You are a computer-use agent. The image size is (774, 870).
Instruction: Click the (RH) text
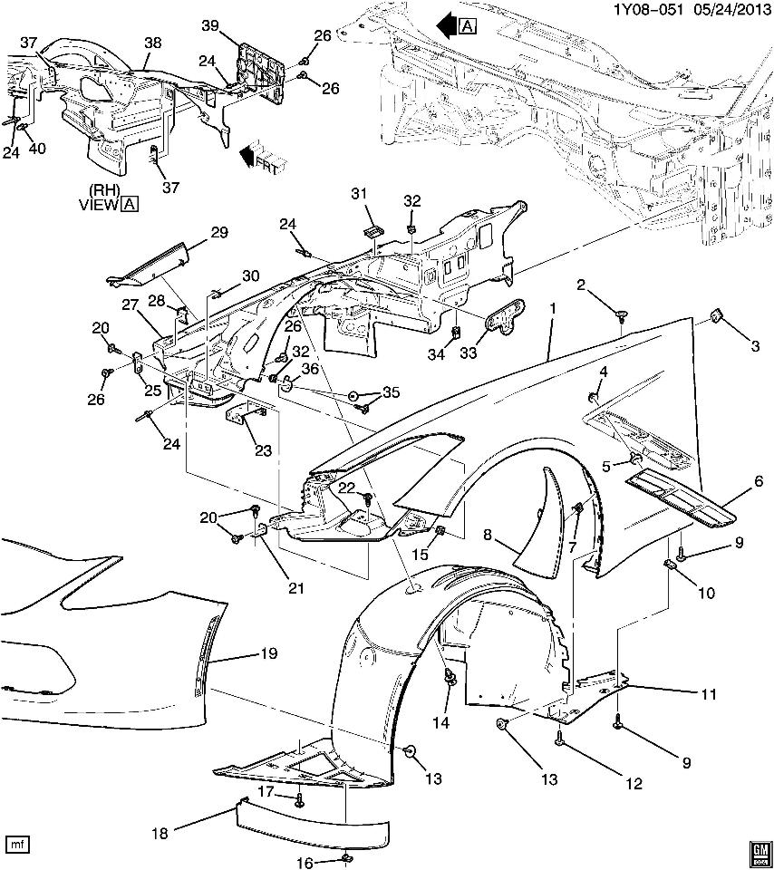pos(105,191)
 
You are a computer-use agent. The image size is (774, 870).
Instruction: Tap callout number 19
pos(269,653)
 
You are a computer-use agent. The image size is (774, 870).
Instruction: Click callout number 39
pos(209,28)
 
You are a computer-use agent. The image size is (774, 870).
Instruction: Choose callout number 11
pos(708,695)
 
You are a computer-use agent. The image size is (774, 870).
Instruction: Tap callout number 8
pos(487,536)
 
